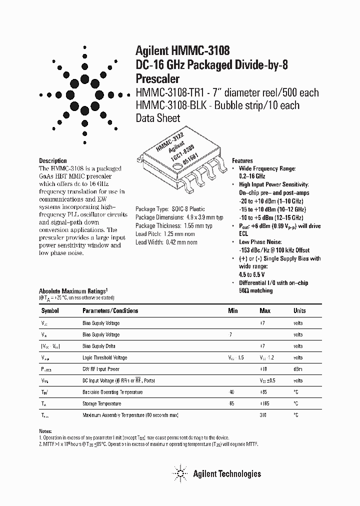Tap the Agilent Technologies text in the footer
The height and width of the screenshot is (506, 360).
point(226,473)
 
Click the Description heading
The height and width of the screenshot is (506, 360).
point(53,161)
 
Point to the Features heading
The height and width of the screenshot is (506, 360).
point(242,161)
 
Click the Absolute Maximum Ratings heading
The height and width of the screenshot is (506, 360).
point(73,290)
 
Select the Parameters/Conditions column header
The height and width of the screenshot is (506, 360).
point(110,310)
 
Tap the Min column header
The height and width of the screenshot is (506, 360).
point(233,310)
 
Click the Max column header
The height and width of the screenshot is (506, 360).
point(265,310)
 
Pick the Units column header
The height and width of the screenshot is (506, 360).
point(299,310)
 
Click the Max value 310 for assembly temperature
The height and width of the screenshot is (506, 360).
point(263,415)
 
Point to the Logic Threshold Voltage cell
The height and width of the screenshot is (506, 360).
point(104,357)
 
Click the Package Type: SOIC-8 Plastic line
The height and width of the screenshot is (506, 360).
point(170,209)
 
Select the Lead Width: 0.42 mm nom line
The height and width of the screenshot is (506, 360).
point(166,242)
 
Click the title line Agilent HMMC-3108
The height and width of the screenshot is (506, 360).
point(182,50)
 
